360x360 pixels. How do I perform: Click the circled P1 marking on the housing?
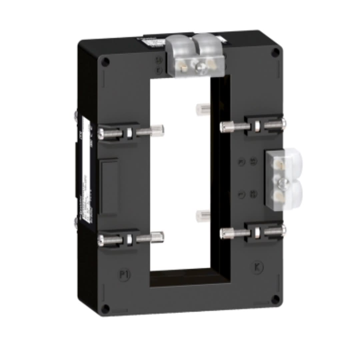click(x=124, y=275)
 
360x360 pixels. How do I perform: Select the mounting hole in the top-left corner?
click(x=105, y=62)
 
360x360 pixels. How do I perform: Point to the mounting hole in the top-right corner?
click(x=275, y=52)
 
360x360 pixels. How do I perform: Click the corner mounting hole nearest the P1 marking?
click(x=105, y=308)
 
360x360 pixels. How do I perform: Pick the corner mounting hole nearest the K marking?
click(x=275, y=299)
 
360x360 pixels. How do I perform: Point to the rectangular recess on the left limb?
click(x=109, y=187)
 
